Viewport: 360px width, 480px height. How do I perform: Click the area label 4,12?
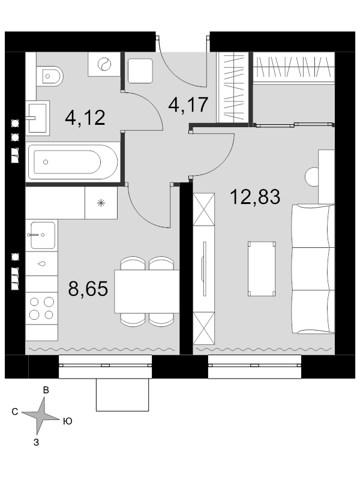click(85, 118)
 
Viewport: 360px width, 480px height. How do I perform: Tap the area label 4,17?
click(188, 104)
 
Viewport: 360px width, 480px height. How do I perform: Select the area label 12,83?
click(255, 197)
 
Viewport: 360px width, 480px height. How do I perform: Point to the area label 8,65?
click(88, 289)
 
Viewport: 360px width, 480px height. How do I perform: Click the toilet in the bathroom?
click(50, 76)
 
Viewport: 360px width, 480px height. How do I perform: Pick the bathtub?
click(73, 162)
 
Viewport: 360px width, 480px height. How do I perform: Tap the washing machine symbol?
click(104, 64)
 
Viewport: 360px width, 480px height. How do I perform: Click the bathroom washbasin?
click(37, 118)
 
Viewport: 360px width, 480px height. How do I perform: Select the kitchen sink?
click(43, 235)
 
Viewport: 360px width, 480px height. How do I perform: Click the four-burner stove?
click(41, 308)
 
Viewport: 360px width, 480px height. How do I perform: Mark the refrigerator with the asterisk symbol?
click(101, 203)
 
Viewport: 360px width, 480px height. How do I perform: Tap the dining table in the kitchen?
click(147, 292)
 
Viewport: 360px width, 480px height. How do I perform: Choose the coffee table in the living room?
click(262, 269)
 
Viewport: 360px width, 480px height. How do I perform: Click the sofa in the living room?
click(313, 269)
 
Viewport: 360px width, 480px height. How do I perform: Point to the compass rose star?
click(40, 415)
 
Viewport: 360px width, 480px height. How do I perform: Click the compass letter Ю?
click(68, 421)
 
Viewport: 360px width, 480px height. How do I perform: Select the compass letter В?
click(46, 390)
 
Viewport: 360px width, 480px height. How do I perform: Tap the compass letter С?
click(15, 412)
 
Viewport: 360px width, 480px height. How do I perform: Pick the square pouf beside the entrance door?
click(140, 71)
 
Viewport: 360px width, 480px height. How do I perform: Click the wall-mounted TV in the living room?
click(204, 269)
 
